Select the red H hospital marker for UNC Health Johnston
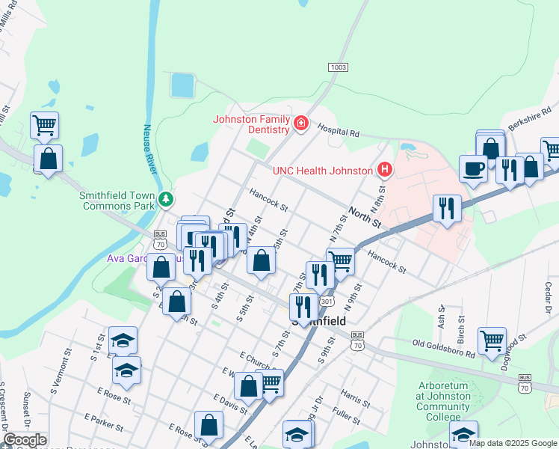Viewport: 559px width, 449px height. coord(385,170)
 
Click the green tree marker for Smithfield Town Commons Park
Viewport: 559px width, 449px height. coord(166,199)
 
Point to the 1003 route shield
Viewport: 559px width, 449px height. coord(338,67)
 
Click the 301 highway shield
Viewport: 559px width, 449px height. coord(327,301)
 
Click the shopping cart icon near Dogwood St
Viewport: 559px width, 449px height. coord(492,340)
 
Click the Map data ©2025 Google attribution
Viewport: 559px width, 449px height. coord(513,443)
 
